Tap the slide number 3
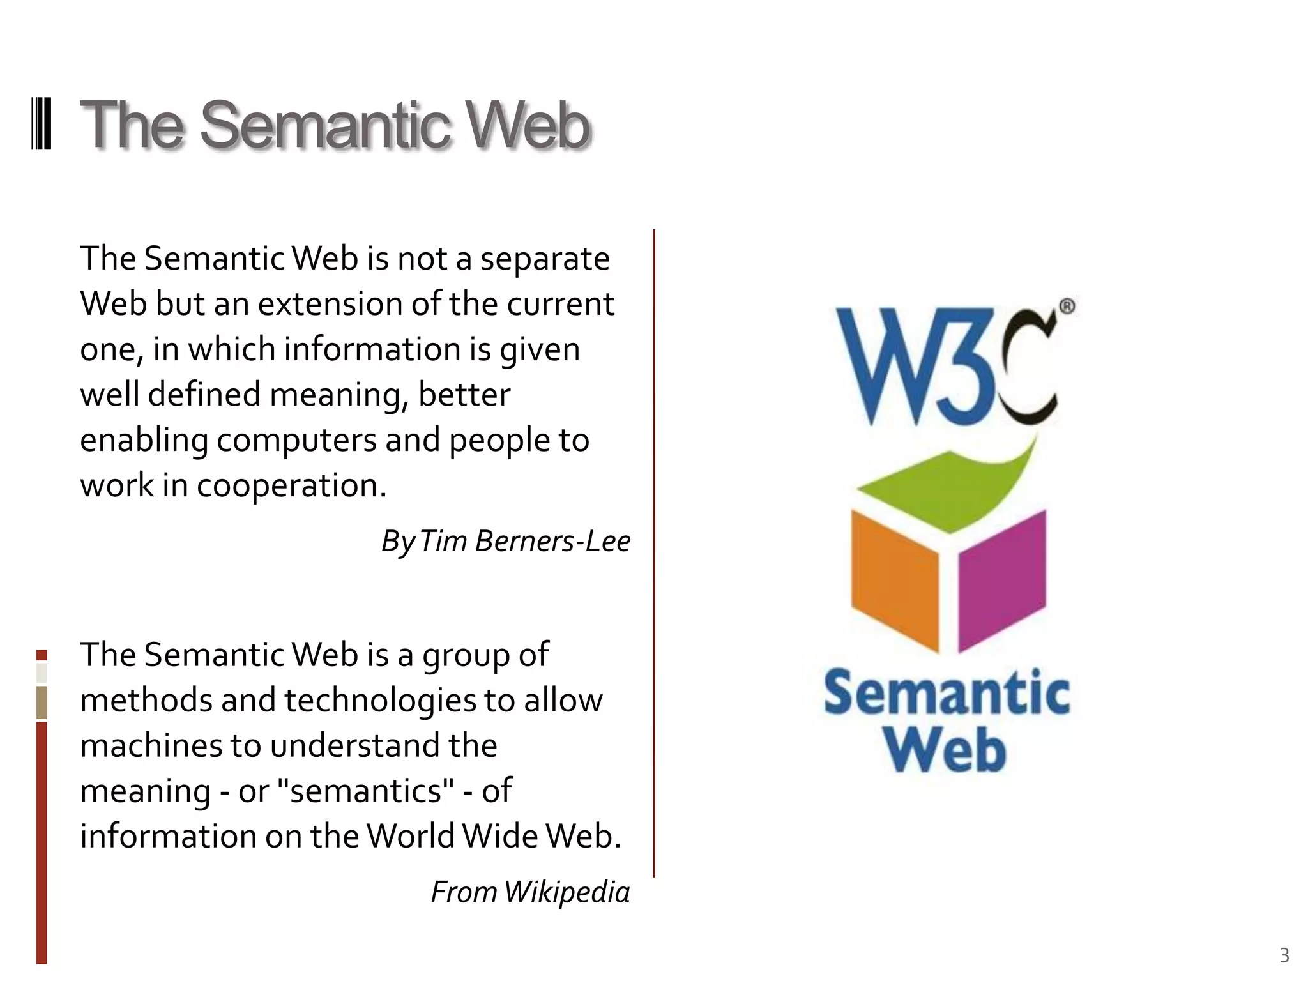[1284, 955]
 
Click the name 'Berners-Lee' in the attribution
[552, 541]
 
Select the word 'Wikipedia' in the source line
[567, 892]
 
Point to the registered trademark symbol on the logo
[1067, 307]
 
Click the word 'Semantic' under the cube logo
[947, 694]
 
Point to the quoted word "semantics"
[367, 791]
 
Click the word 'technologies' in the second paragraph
[380, 700]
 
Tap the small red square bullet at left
[42, 655]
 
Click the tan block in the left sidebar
[42, 703]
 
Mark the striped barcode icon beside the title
[42, 124]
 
